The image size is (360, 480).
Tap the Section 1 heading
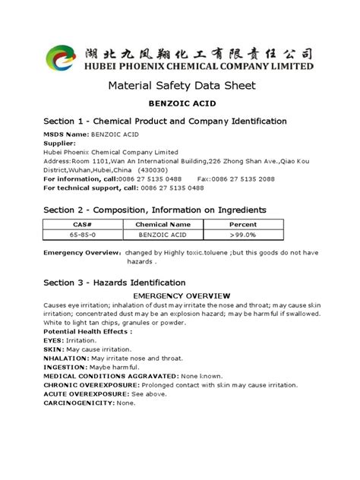[x=165, y=121]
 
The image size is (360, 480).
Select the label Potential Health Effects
[x=87, y=331]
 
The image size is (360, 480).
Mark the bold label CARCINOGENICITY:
[x=79, y=403]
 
